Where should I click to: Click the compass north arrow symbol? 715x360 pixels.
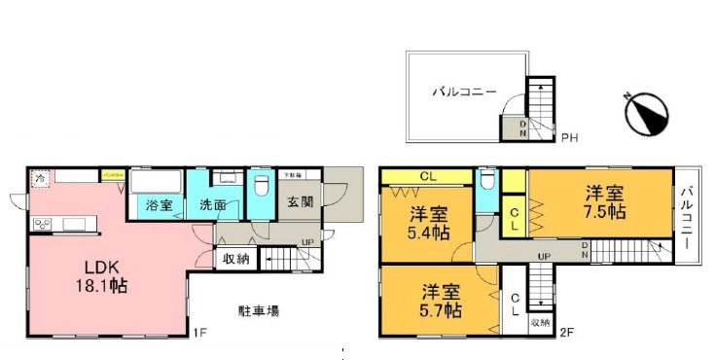click(x=644, y=113)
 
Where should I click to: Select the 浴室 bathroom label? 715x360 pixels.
click(x=160, y=205)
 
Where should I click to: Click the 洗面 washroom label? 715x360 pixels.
click(x=213, y=205)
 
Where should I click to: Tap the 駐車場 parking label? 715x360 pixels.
click(x=260, y=312)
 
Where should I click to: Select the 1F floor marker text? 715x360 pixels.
click(x=200, y=335)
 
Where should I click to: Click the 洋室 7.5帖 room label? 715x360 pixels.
click(x=604, y=201)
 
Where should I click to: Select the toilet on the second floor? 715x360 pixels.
click(x=488, y=181)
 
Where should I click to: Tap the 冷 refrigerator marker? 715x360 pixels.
click(x=41, y=179)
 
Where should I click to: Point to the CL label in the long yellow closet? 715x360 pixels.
click(x=427, y=176)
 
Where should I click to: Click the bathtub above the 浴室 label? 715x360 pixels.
click(x=156, y=182)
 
